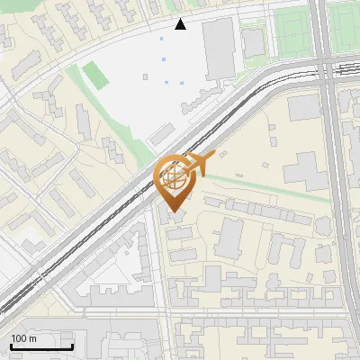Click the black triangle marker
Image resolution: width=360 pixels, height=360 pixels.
coord(181,24)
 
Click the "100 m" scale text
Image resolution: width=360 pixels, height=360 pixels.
coord(23,338)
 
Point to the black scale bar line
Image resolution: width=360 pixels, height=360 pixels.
coord(41,347)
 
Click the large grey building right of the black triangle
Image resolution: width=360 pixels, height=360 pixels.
coord(219,49)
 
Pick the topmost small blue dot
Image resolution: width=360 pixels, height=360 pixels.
coord(162,39)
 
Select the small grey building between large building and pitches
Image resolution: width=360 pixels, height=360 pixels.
coord(254,40)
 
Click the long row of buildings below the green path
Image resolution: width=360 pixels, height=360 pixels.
coord(261,211)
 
